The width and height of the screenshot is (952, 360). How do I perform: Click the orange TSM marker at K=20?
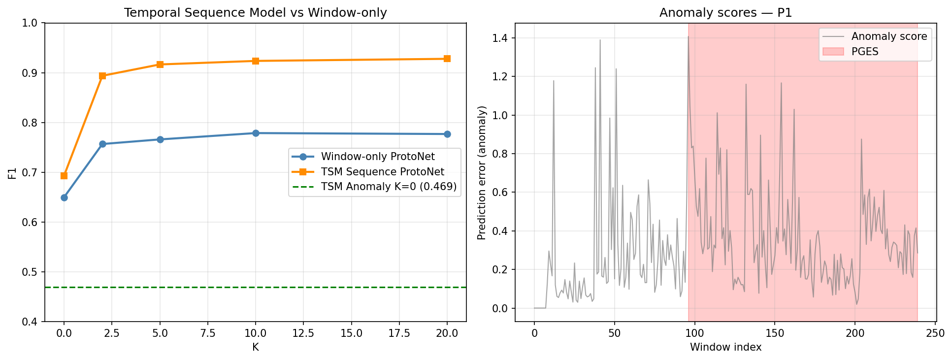447,59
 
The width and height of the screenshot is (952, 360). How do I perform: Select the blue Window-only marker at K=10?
256,133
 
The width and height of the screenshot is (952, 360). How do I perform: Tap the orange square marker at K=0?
64,176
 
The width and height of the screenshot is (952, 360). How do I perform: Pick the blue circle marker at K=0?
64,197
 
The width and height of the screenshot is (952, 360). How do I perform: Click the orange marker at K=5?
160,65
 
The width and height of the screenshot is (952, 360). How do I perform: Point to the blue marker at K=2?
102,144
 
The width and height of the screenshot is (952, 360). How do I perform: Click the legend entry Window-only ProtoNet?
377,157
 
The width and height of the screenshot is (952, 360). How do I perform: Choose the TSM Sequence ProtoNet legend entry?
382,172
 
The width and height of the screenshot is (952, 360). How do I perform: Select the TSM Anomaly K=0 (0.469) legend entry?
389,187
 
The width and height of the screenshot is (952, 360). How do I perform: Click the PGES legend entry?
864,51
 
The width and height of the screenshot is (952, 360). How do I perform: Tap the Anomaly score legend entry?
889,36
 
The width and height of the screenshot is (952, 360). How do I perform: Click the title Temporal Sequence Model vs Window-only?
255,13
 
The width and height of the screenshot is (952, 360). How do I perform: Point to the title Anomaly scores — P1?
725,13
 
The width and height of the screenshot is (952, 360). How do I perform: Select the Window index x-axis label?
725,347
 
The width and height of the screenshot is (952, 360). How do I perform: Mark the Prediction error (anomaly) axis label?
482,173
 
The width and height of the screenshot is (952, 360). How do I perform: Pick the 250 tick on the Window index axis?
935,333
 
